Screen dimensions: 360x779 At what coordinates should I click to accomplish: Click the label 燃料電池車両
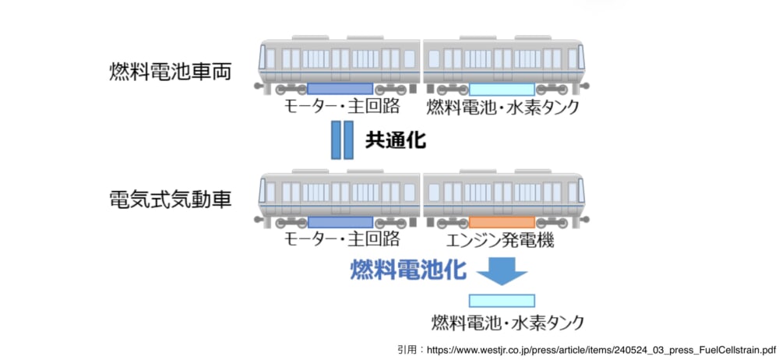pos(171,72)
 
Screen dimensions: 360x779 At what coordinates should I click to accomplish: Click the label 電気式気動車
pos(171,200)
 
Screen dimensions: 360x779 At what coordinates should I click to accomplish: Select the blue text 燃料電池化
pos(408,270)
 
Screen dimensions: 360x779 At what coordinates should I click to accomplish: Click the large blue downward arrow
pos(501,271)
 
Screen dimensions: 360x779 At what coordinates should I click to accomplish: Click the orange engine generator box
pos(502,222)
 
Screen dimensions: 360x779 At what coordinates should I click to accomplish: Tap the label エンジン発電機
pos(501,241)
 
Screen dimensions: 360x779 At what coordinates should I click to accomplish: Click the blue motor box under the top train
pos(340,89)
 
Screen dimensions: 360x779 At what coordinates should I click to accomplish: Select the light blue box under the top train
pos(502,89)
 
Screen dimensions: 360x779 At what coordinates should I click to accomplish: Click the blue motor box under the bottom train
pos(340,222)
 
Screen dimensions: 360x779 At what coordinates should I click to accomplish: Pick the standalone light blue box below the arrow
pos(502,300)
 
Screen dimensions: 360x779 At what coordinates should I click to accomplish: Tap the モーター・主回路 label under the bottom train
pos(341,240)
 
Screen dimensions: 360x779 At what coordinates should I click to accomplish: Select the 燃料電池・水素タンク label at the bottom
pos(507,321)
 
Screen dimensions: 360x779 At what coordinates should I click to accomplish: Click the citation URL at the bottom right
pos(599,349)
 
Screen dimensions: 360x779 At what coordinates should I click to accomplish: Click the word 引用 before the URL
pos(407,349)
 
